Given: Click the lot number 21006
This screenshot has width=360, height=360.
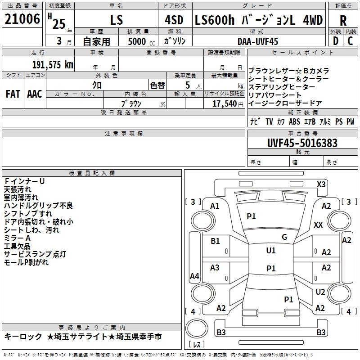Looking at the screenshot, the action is (x=22, y=19).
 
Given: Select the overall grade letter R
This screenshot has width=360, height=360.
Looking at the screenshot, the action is (x=343, y=21).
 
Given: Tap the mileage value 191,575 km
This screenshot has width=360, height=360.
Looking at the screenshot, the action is (x=53, y=64).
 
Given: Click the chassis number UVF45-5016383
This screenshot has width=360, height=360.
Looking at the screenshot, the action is (x=302, y=143).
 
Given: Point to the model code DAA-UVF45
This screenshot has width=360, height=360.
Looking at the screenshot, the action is (x=258, y=41).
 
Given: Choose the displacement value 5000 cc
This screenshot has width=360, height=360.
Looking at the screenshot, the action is (x=141, y=41).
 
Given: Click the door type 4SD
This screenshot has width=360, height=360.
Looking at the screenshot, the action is (x=174, y=20).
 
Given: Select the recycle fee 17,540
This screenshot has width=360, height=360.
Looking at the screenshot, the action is (x=225, y=104).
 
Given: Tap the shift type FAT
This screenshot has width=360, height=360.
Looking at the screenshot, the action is (x=13, y=94).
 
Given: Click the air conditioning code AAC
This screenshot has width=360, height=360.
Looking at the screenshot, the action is (x=35, y=94).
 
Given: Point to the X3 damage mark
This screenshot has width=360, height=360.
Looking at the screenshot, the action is (x=321, y=184).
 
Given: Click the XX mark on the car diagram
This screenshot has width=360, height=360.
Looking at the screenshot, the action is (x=318, y=225).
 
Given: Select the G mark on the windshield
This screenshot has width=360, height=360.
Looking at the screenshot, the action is (x=284, y=237).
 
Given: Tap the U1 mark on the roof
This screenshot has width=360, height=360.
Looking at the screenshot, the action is (x=271, y=251).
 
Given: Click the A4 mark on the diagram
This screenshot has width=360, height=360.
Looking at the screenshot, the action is (x=194, y=276).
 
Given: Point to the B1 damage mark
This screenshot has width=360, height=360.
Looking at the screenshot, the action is (x=215, y=241).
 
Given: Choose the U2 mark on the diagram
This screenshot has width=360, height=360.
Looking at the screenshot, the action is (x=320, y=292).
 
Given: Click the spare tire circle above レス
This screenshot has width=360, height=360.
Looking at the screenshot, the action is (x=197, y=328).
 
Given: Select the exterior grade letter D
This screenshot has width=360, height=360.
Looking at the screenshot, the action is (x=336, y=41).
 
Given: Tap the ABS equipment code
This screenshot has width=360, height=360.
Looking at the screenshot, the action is (x=294, y=121).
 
